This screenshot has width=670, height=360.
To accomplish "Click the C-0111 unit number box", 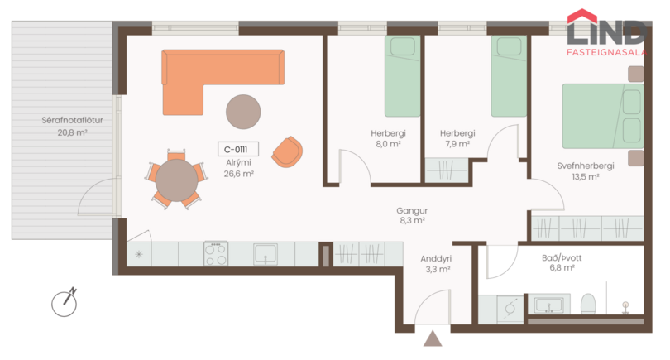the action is tap(238, 149).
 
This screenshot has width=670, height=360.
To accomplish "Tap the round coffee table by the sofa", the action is tap(243, 112).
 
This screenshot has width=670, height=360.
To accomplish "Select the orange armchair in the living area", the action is tap(287, 151).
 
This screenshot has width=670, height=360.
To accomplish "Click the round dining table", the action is tap(176, 180).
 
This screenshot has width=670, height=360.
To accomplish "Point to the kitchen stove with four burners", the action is tap(216, 254).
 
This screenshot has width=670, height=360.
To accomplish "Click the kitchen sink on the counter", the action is tap(266, 254).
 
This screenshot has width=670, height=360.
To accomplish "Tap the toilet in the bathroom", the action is tap(588, 304).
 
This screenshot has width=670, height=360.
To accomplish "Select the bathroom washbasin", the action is tap(549, 305).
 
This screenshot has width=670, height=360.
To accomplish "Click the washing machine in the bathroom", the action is tap(510, 310).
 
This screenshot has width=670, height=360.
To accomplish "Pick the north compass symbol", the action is tap(65, 303).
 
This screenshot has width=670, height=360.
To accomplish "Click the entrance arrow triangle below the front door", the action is tap(433, 338).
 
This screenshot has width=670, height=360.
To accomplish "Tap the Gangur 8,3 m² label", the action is tap(412, 215).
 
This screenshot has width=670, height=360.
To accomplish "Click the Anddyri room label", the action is tap(436, 259).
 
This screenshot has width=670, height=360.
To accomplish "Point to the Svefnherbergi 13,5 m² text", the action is tap(586, 171).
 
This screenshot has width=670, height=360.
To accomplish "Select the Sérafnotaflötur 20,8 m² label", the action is tap(72, 126).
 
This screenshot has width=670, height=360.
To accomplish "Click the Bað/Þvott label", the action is tap(562, 258).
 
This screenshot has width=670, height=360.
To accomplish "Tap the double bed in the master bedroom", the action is tap(603, 116).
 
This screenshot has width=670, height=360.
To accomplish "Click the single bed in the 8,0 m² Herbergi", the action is tap(402, 76).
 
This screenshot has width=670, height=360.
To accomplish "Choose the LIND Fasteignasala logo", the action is tap(607, 32).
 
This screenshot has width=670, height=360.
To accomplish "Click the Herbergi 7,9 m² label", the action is tap(457, 138).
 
